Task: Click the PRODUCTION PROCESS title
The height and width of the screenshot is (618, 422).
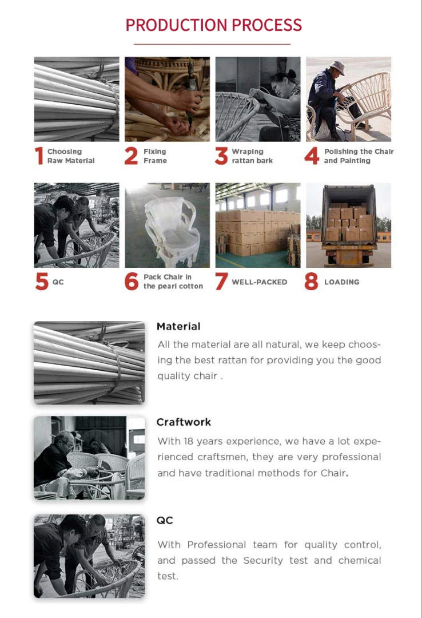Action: (213, 25)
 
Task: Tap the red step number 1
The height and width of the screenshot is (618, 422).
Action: (39, 156)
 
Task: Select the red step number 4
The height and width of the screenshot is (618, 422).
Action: (312, 156)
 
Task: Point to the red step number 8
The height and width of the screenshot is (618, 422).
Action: (311, 282)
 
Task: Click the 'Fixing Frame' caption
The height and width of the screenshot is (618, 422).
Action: (155, 156)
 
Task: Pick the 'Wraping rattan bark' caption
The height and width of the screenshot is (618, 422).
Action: (252, 156)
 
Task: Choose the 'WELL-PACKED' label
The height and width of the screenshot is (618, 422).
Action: (259, 282)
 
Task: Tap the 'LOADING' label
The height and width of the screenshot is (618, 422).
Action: (341, 282)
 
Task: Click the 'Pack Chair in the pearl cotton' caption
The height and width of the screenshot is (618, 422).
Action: (173, 282)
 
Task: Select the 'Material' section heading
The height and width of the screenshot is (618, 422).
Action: (178, 326)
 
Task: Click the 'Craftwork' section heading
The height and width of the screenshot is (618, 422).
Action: (184, 422)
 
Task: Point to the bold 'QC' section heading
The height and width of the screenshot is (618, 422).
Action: (165, 520)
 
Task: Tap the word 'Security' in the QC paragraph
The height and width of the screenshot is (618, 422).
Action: (263, 560)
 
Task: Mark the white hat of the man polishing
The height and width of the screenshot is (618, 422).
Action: (337, 67)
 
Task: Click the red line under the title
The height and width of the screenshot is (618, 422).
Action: (212, 44)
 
